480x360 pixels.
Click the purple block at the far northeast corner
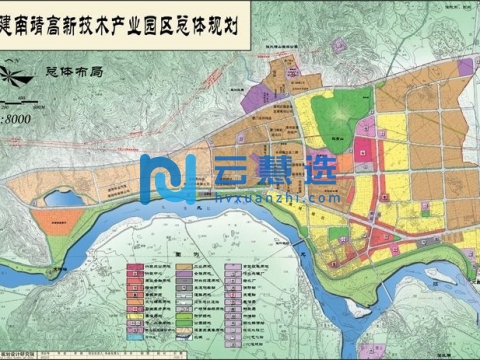466,67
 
